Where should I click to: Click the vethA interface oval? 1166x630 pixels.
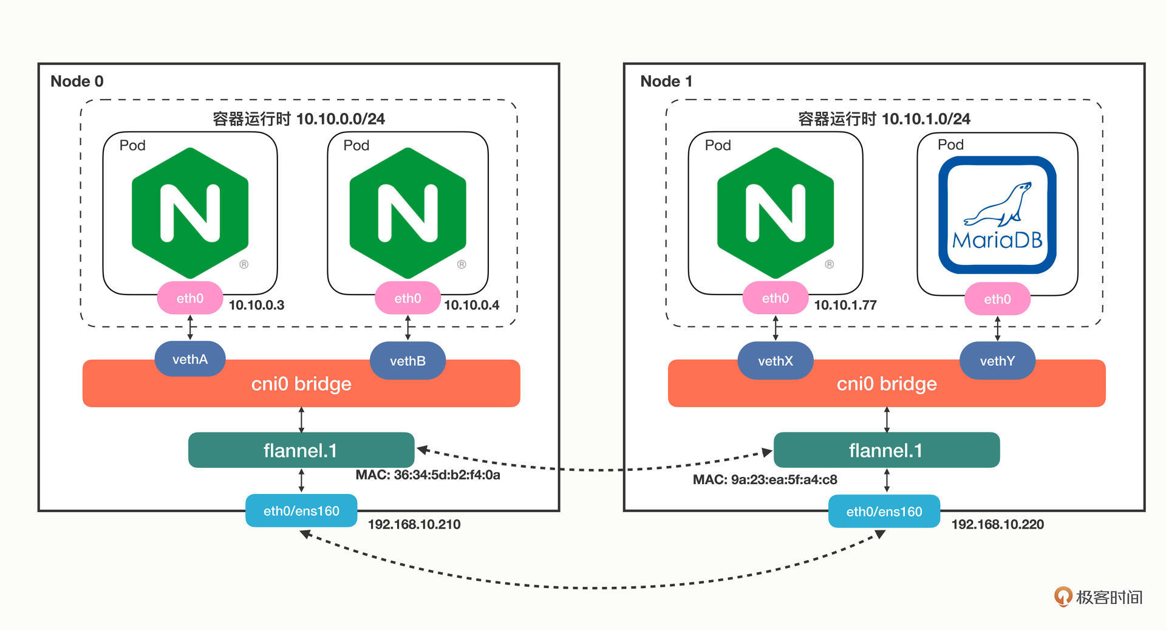[x=190, y=359]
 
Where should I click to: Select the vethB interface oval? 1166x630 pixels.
[x=407, y=361]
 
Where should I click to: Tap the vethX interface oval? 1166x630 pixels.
[x=775, y=361]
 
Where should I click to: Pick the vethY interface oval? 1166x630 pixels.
[x=997, y=361]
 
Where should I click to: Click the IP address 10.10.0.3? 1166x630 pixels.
[x=256, y=305]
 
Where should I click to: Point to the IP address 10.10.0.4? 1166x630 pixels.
[x=471, y=305]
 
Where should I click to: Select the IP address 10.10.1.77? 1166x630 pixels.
[x=845, y=305]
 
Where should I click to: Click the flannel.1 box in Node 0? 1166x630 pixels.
[x=301, y=450]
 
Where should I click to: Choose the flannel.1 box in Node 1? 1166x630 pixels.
[x=886, y=450]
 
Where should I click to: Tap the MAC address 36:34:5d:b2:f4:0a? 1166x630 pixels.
[x=428, y=475]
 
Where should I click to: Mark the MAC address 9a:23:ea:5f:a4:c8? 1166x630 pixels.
[x=765, y=480]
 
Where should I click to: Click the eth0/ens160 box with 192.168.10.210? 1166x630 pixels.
[x=301, y=511]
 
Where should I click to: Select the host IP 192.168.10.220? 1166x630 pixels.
[x=997, y=524]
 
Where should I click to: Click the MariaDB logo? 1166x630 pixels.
[x=997, y=215]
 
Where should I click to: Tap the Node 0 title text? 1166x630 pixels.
[x=77, y=81]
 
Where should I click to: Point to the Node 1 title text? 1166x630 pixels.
[x=666, y=81]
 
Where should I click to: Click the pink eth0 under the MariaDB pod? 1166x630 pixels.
[x=997, y=299]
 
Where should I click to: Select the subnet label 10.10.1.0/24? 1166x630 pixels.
[x=926, y=119]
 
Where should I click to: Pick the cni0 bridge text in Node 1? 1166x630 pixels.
[x=887, y=384]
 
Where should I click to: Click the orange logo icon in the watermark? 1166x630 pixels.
[x=1063, y=597]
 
